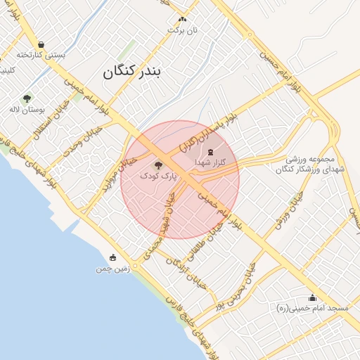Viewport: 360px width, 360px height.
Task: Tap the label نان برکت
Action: [x=182, y=30]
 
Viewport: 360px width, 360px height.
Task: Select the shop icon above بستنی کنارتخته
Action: [x=41, y=44]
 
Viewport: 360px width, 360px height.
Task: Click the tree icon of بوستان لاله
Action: [x=27, y=98]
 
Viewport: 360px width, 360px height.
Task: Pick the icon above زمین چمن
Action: [x=112, y=258]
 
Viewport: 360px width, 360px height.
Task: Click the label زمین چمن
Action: [x=113, y=269]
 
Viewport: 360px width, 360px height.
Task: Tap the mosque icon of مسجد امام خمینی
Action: [x=312, y=297]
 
